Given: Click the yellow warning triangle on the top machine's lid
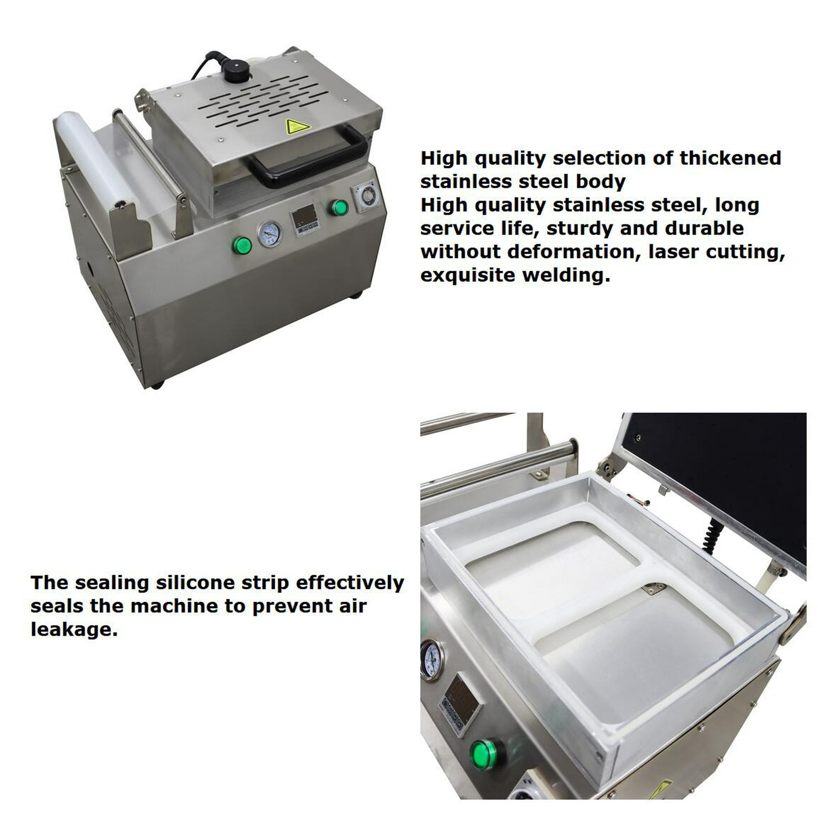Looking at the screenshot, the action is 298,126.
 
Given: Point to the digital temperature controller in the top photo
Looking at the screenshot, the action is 304,220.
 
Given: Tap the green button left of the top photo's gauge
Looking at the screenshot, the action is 242,246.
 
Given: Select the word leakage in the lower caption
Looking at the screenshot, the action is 74,629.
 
